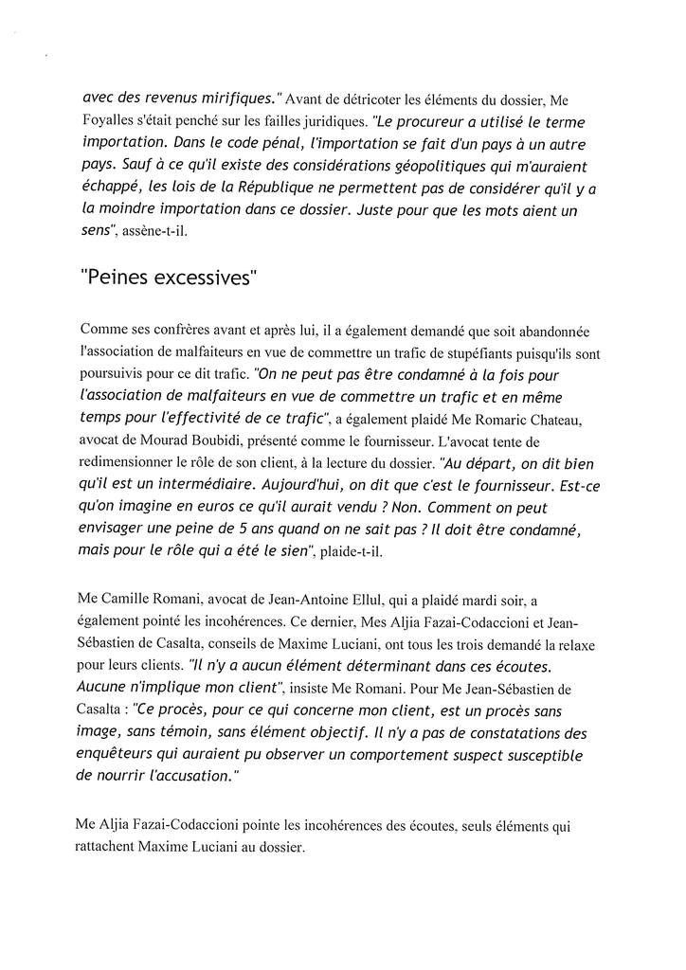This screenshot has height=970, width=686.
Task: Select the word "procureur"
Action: pos(432,122)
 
